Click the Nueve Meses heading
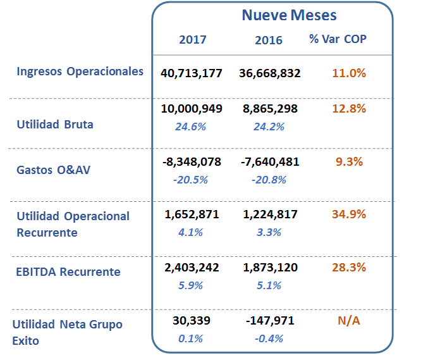[x=289, y=15]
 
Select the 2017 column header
[x=193, y=40]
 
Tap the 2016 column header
[x=269, y=40]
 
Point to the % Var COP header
[x=338, y=39]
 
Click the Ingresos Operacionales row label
[x=80, y=71]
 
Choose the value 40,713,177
[x=192, y=73]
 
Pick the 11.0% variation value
[x=349, y=73]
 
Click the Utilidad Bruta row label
[x=55, y=125]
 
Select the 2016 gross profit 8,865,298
[x=270, y=109]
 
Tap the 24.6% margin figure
[x=190, y=127]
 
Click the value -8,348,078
[x=192, y=162]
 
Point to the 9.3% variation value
[x=349, y=162]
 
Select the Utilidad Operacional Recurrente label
[x=73, y=224]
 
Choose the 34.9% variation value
[x=349, y=214]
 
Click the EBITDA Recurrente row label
[x=68, y=272]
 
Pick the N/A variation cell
[x=349, y=321]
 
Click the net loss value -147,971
[x=270, y=321]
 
